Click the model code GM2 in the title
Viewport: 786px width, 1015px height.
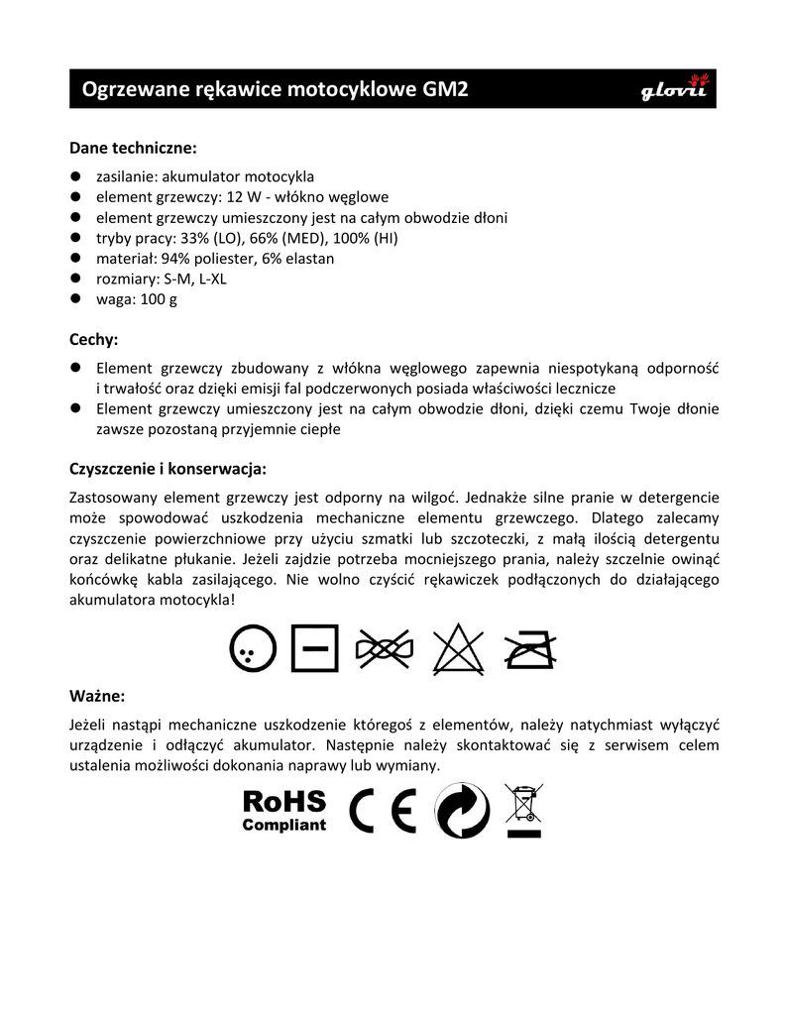click(x=446, y=90)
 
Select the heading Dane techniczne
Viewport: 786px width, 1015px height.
click(x=133, y=148)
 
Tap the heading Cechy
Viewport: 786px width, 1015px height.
click(x=93, y=339)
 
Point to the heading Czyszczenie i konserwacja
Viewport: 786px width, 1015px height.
click(x=168, y=468)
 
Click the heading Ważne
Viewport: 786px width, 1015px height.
click(x=97, y=694)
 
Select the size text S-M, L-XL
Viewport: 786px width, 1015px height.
click(x=194, y=279)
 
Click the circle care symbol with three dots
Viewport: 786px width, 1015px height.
click(x=250, y=649)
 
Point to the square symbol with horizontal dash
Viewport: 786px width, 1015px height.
click(x=315, y=649)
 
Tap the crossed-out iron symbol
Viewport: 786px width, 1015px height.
click(x=530, y=649)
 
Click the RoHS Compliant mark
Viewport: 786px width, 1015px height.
click(x=283, y=810)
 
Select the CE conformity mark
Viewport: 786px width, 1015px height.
click(x=382, y=811)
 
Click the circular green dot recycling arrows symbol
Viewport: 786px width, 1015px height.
click(x=462, y=811)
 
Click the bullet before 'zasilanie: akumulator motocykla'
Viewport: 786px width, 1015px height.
click(x=75, y=176)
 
